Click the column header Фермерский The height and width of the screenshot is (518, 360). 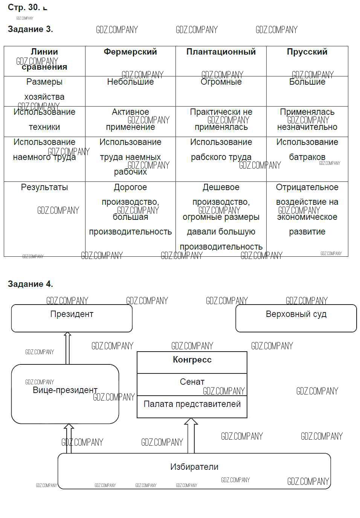coord(130,52)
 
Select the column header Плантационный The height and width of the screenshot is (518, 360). coord(221,52)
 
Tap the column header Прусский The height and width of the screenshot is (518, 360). coord(307,52)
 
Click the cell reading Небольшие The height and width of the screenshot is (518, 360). coord(130,82)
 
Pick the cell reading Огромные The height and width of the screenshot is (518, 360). coord(221,82)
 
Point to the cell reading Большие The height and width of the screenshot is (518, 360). coord(307,82)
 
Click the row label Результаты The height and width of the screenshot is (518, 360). coord(44,187)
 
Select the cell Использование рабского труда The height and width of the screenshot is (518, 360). coord(221,149)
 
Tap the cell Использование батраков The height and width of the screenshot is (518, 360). coord(307,149)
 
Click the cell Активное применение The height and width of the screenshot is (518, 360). coord(130,119)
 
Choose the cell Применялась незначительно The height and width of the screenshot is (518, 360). coord(307,119)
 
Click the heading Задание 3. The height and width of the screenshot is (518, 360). coord(30,29)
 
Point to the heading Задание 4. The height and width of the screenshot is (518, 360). coord(30,284)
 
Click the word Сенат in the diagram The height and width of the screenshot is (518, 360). coord(192,382)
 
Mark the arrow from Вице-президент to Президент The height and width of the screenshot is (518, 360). coord(67,348)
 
